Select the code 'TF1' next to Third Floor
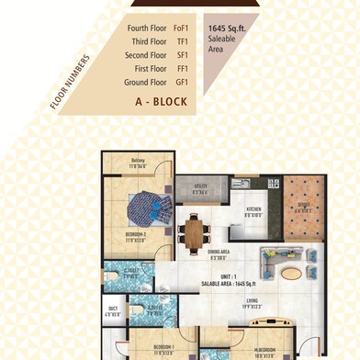click(182, 41)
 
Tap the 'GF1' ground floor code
click(182, 80)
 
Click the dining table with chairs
click(193, 231)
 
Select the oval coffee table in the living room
click(290, 273)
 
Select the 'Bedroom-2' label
click(124, 234)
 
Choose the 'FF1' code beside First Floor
click(182, 67)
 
